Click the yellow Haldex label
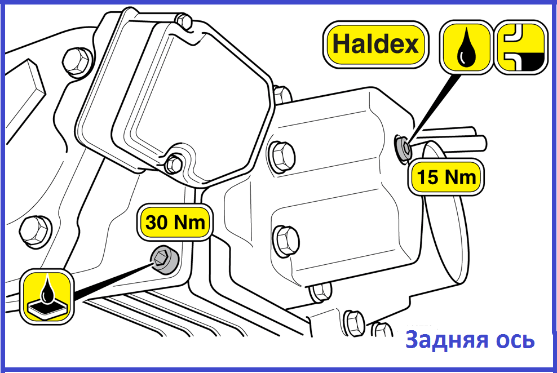coord(376,45)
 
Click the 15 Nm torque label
coord(446,176)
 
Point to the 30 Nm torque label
coord(175,223)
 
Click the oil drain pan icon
coord(47,296)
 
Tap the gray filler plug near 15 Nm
coord(404,149)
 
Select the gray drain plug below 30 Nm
coord(164,259)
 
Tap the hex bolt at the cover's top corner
coord(184,21)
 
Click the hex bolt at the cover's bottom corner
coord(174,163)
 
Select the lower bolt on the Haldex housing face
coord(286,241)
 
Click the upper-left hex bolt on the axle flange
coord(77,62)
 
